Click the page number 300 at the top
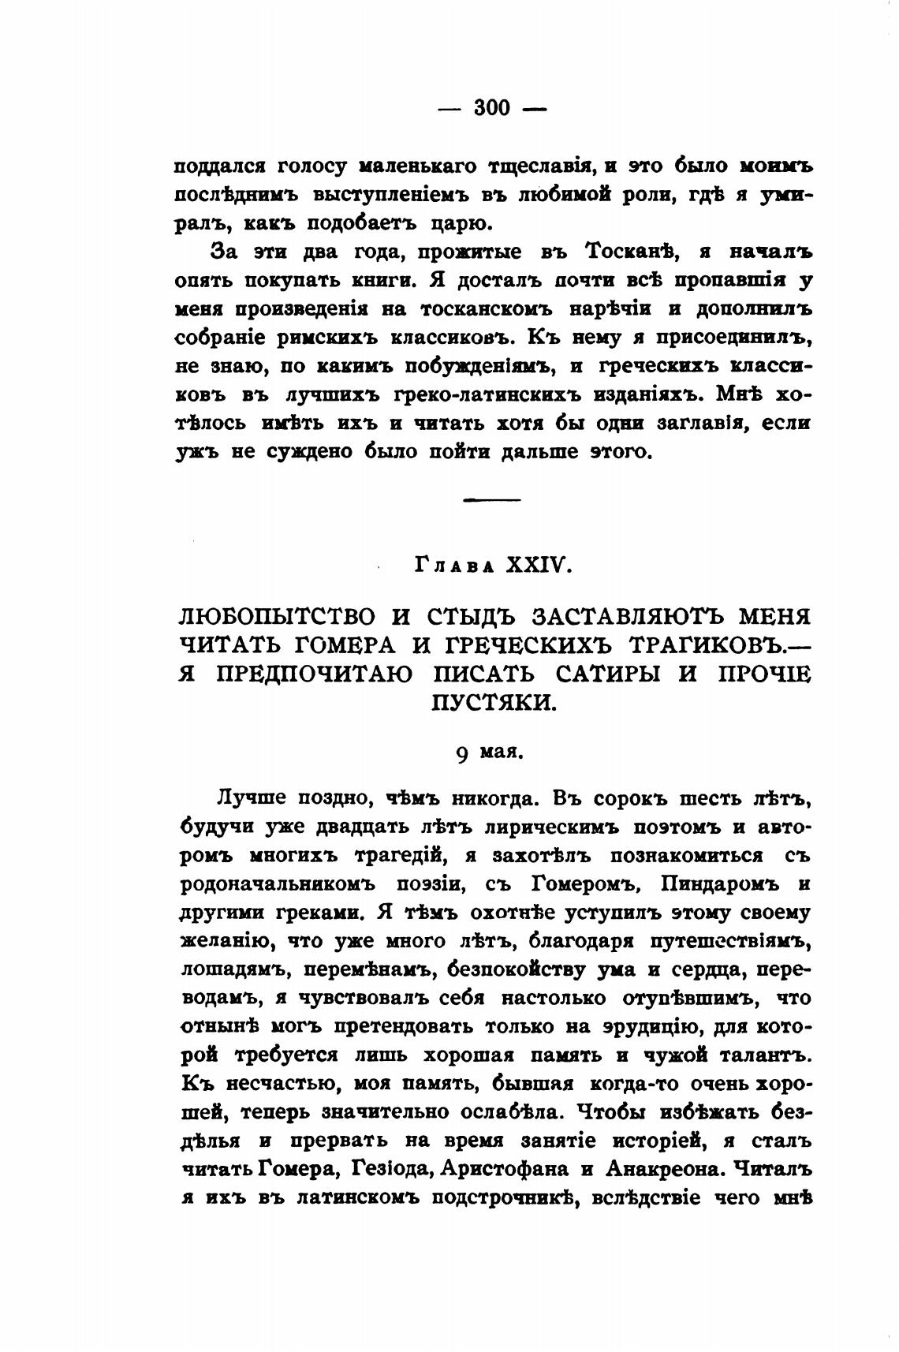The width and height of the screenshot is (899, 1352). tap(492, 107)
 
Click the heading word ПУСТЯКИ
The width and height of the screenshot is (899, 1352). tap(494, 703)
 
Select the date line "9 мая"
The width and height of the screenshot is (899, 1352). tap(490, 752)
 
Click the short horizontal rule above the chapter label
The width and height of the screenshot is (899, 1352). tap(492, 499)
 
